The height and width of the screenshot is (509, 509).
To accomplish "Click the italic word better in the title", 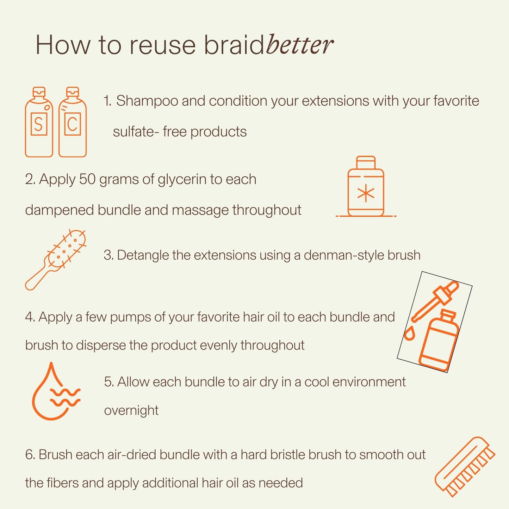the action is tap(299, 45).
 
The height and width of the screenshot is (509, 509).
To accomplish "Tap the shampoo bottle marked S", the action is tap(39, 122).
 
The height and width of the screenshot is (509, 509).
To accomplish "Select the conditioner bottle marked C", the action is tap(73, 122).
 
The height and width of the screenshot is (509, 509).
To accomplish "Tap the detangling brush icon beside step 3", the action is tap(56, 260).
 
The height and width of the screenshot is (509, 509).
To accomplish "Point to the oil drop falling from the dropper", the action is tap(409, 334).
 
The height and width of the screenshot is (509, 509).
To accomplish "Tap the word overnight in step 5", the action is tap(131, 410).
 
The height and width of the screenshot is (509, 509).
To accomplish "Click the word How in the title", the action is tap(63, 45).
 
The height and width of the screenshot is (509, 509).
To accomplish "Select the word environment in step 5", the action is tap(369, 382).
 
